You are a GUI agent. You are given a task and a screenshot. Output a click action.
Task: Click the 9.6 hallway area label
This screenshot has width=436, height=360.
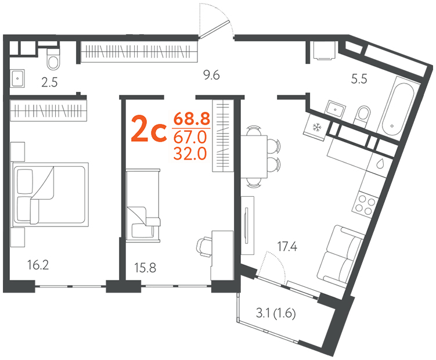pyautogui.click(x=211, y=75)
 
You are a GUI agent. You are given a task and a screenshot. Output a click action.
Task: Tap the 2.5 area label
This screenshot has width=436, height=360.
pyautogui.click(x=49, y=82)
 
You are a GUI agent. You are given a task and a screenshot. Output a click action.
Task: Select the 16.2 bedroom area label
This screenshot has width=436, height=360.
pyautogui.click(x=38, y=265)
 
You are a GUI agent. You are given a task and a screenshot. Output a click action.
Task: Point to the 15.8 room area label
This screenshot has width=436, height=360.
pyautogui.click(x=145, y=268)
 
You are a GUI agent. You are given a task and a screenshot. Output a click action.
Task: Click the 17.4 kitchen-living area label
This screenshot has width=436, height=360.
pyautogui.click(x=287, y=247)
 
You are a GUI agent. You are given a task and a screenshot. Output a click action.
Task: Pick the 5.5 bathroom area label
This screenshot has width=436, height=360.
pyautogui.click(x=359, y=80)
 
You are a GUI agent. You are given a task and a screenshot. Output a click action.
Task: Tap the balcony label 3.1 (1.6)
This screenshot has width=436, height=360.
pyautogui.click(x=276, y=314)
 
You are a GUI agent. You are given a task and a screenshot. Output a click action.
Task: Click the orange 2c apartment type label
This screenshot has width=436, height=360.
pyautogui.click(x=149, y=129)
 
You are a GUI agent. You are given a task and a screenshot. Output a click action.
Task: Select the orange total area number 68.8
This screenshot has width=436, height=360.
pyautogui.click(x=192, y=120)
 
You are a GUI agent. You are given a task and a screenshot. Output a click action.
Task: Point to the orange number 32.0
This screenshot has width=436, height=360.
pyautogui.click(x=190, y=153)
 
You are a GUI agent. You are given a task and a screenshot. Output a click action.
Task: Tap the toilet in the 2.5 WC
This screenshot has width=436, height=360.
pyautogui.click(x=53, y=59)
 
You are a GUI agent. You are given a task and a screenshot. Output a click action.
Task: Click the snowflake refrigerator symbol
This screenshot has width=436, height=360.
pyautogui.click(x=316, y=127)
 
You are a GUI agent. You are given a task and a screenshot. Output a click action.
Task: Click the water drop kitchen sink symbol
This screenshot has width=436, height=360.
pyautogui.click(x=380, y=164)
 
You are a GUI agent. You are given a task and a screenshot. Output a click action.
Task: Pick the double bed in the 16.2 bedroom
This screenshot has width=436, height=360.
pyautogui.click(x=49, y=195)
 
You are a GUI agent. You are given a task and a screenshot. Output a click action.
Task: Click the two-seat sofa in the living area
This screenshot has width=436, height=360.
pyautogui.click(x=340, y=253)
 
